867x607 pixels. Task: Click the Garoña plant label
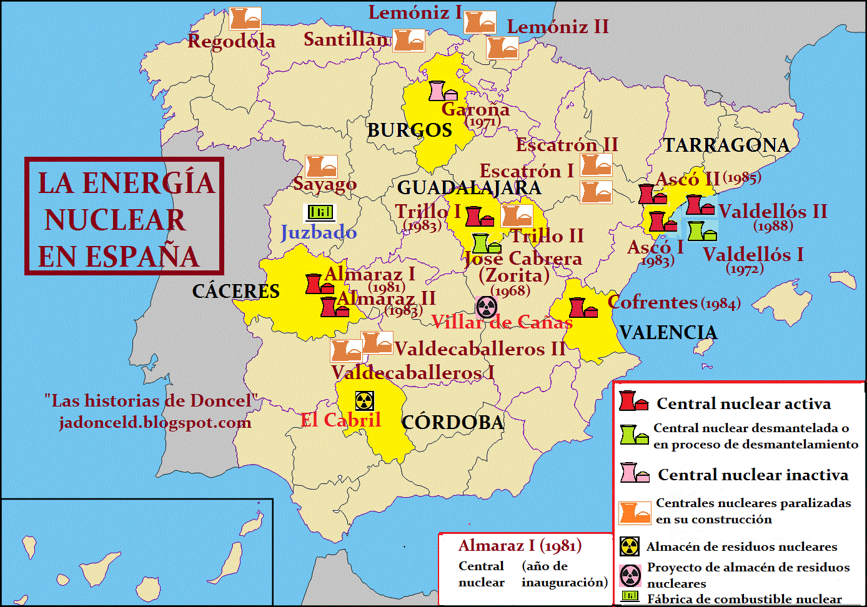pyautogui.click(x=475, y=109)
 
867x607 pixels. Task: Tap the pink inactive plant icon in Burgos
pyautogui.click(x=442, y=91)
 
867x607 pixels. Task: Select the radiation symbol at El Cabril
pyautogui.click(x=365, y=401)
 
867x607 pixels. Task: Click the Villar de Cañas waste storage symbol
pyautogui.click(x=487, y=307)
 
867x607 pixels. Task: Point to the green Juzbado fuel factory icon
pyautogui.click(x=320, y=212)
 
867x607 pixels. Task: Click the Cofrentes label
pyautogui.click(x=652, y=302)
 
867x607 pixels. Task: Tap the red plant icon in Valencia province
pyautogui.click(x=582, y=307)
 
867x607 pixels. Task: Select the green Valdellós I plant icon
pyautogui.click(x=701, y=231)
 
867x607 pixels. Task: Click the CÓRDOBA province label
pyautogui.click(x=453, y=423)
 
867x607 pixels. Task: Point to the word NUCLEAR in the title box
pyautogui.click(x=115, y=220)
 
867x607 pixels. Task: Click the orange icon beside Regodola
pyautogui.click(x=245, y=19)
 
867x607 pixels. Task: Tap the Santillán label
pyautogui.click(x=345, y=39)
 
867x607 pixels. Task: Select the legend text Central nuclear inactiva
pyautogui.click(x=753, y=475)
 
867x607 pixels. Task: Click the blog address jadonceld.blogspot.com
pyautogui.click(x=155, y=423)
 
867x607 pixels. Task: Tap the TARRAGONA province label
pyautogui.click(x=726, y=146)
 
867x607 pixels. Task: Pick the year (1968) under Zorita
pyautogui.click(x=510, y=291)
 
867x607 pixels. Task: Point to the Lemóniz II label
pyautogui.click(x=557, y=27)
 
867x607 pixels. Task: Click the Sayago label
pyautogui.click(x=325, y=184)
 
